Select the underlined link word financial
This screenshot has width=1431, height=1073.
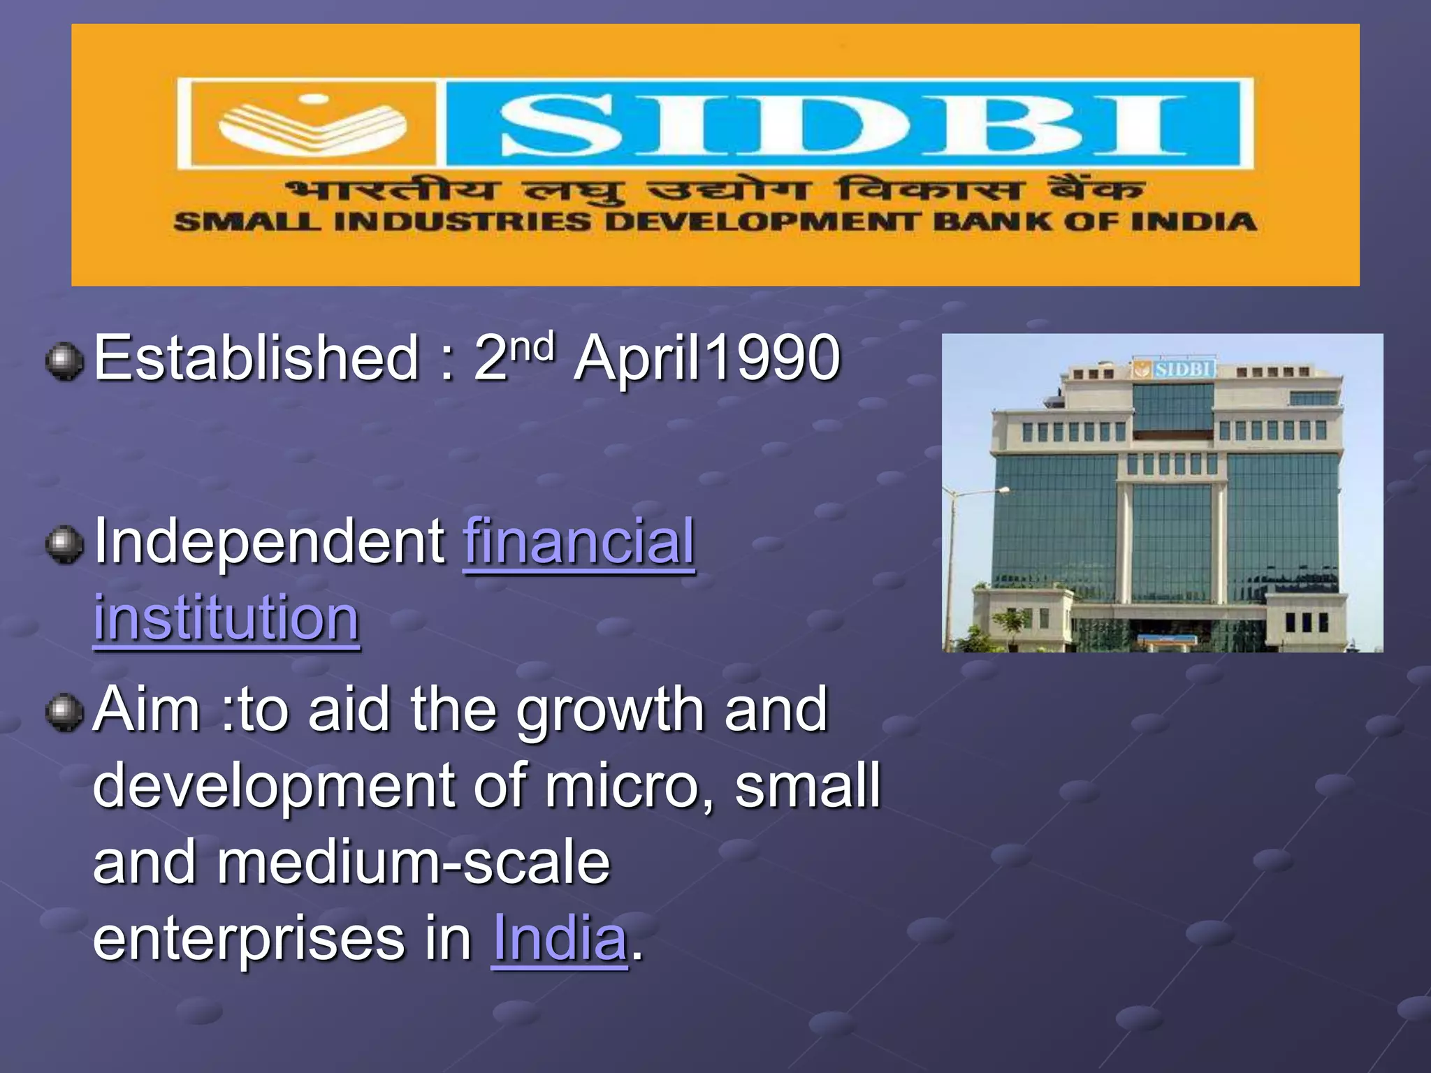click(579, 541)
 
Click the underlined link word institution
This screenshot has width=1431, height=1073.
click(226, 618)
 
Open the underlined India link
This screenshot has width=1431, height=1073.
click(560, 938)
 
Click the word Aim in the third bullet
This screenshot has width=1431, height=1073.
click(147, 710)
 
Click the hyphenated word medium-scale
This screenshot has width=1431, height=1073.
click(413, 863)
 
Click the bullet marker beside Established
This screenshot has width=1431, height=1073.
click(64, 361)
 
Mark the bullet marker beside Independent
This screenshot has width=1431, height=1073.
click(64, 545)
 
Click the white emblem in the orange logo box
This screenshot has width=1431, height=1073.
click(312, 124)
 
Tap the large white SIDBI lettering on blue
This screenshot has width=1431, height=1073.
click(843, 125)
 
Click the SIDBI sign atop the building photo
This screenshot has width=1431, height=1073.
click(1175, 369)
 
